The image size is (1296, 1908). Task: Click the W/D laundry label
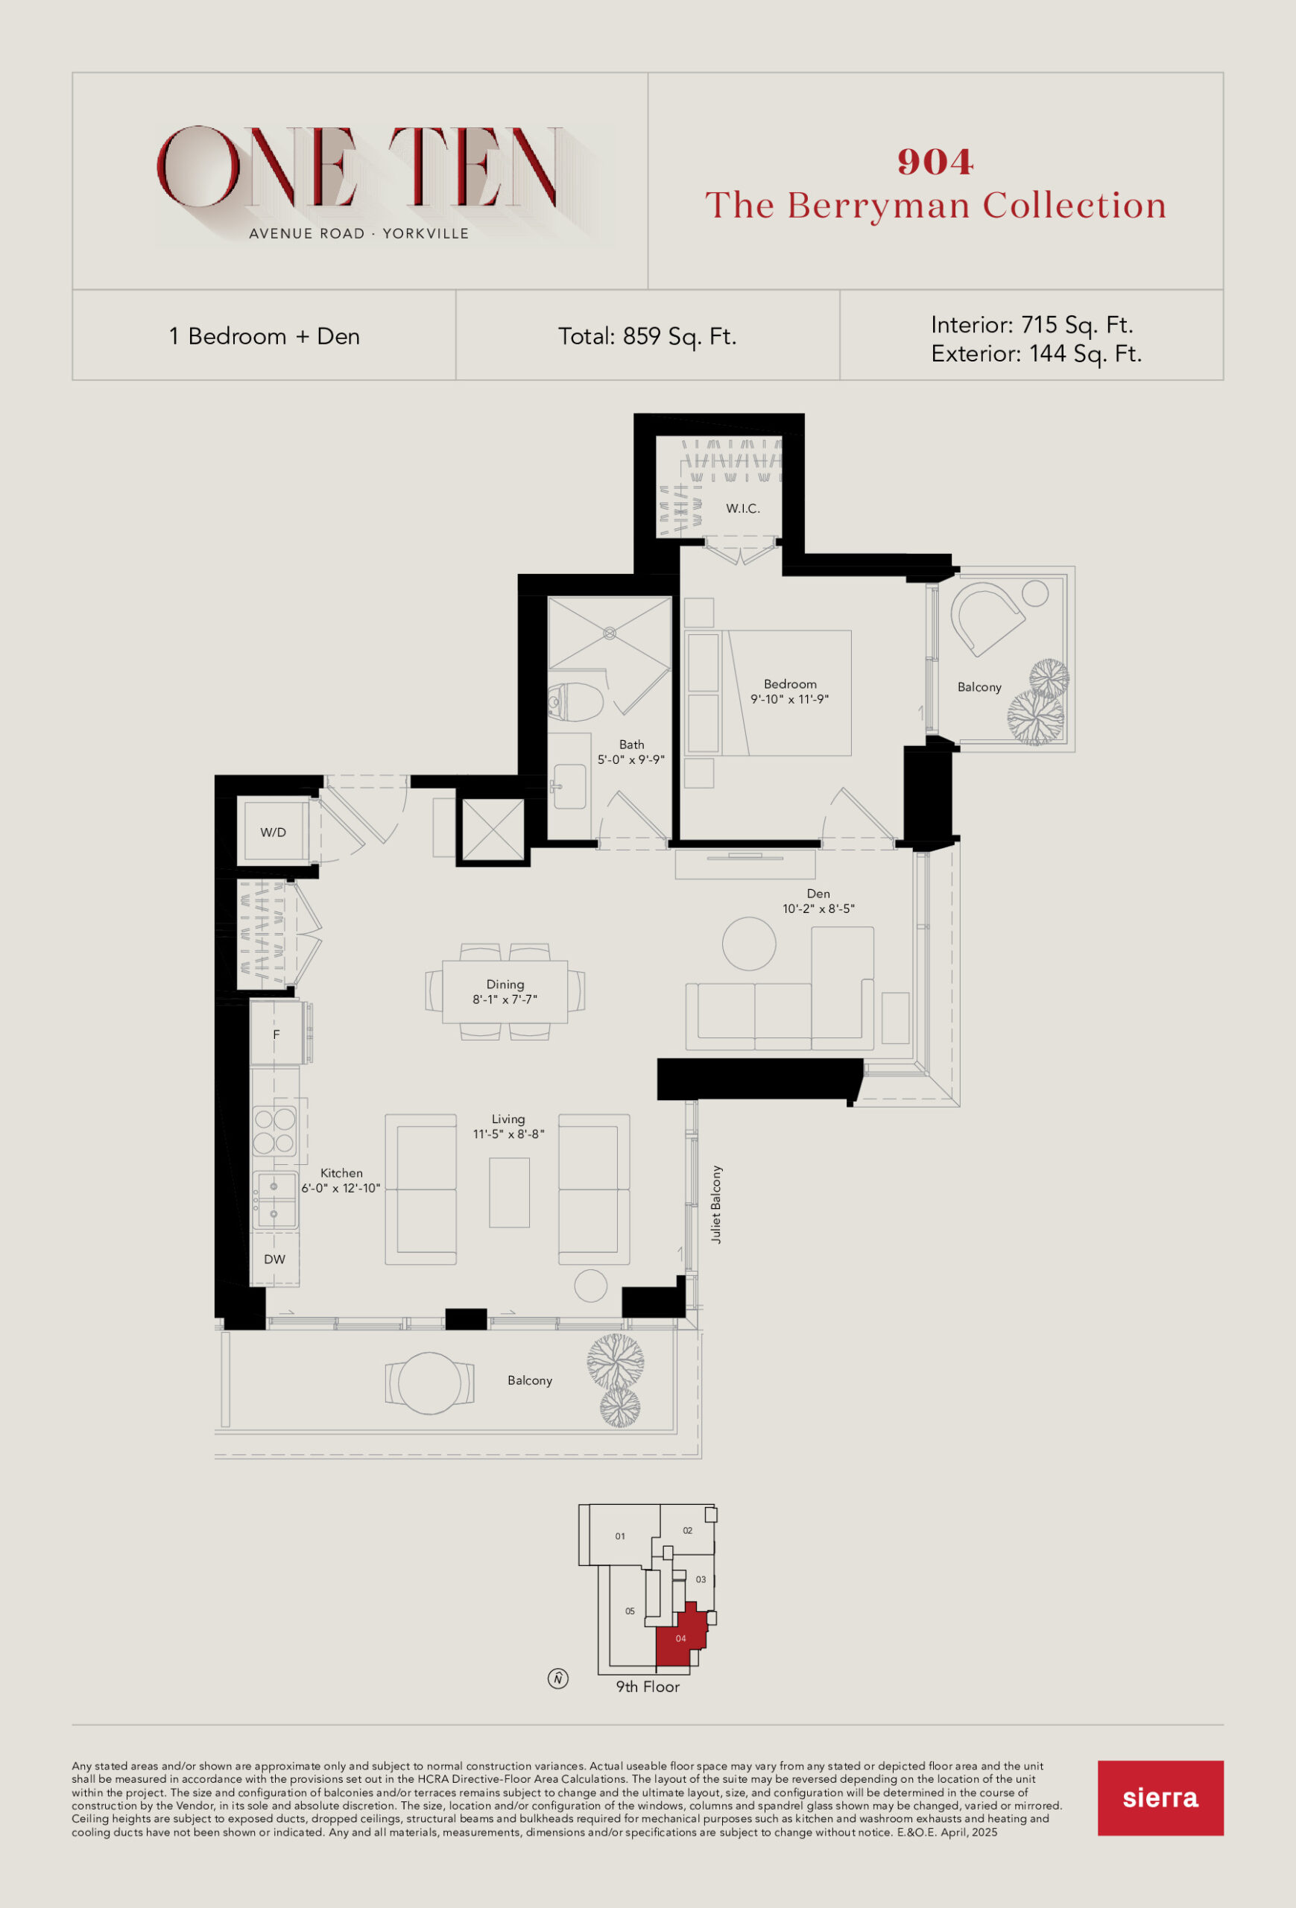[274, 833]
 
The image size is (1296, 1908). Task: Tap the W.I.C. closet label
[743, 509]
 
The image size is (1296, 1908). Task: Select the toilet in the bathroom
[575, 703]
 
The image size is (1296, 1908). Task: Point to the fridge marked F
[276, 1034]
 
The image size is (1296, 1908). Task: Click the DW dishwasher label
[274, 1260]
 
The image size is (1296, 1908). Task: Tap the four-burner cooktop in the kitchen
[274, 1131]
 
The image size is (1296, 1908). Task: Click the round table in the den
[748, 944]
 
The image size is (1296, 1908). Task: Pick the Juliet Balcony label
[716, 1205]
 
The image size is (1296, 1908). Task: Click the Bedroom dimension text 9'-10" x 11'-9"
[789, 700]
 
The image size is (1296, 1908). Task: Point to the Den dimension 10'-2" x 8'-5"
[818, 909]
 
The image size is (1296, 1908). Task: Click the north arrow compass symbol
[558, 1679]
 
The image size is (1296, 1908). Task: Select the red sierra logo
[1160, 1798]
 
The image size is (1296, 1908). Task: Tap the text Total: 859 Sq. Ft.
[648, 337]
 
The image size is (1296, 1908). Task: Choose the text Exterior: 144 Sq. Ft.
[1037, 354]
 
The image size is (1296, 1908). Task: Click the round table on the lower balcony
[429, 1383]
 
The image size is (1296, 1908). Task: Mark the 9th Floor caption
[648, 1687]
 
